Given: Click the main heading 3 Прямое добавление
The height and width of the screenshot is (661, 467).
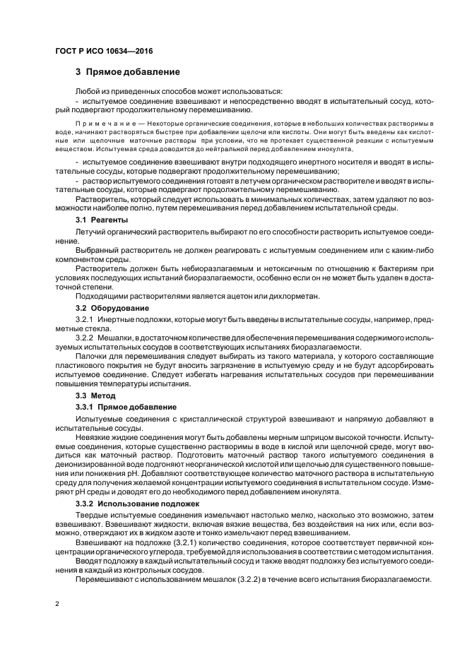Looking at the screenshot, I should pyautogui.click(x=128, y=72).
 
